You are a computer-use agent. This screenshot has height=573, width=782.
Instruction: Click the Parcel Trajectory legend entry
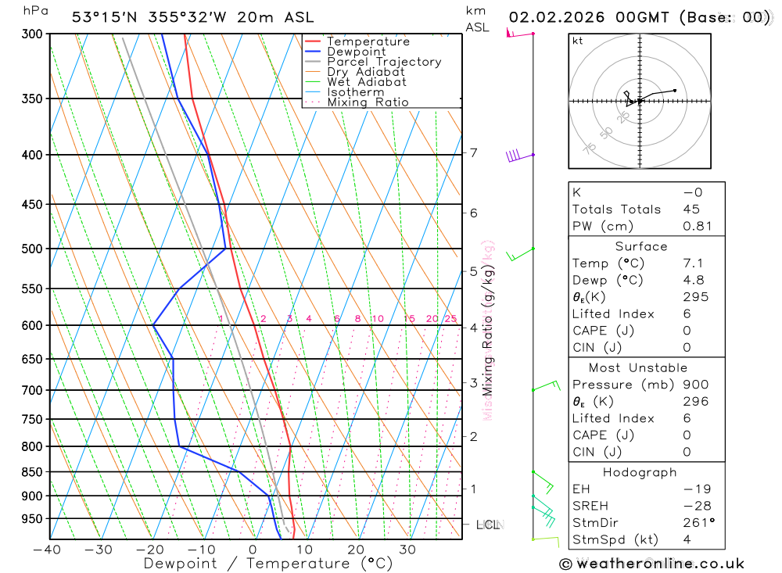384,62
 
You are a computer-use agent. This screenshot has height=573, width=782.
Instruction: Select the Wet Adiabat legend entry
367,82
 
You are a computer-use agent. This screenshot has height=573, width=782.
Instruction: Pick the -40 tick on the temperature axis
48,550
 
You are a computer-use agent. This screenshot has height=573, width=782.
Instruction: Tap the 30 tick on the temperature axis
407,550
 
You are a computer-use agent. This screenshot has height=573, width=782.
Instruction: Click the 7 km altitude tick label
473,152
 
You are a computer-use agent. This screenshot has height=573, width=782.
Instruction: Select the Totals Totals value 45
691,210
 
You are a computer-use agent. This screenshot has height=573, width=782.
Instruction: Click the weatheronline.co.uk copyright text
651,564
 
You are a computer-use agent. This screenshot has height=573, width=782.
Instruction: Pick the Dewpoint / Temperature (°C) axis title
267,564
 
